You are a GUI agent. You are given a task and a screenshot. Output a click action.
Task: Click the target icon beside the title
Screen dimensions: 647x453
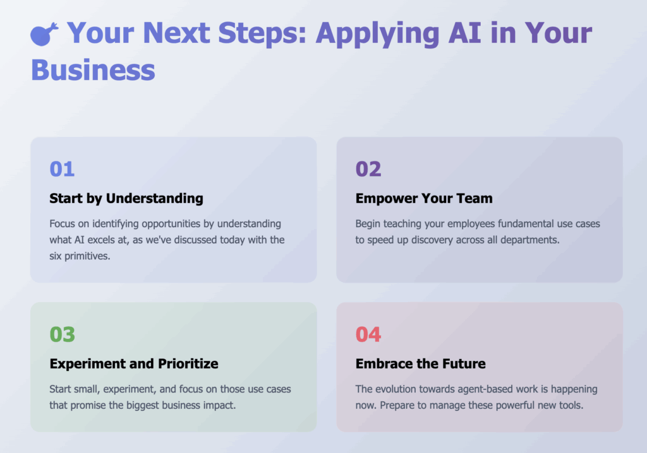(x=44, y=34)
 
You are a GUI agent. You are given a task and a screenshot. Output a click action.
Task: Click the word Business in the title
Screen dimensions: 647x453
(x=94, y=69)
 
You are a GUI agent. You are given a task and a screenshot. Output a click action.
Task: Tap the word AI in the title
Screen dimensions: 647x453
(x=465, y=33)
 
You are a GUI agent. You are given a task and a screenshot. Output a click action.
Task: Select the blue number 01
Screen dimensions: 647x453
(x=62, y=168)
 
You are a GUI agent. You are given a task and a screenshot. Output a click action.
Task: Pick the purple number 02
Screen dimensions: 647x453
(x=368, y=168)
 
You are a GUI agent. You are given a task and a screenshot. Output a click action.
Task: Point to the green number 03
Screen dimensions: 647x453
(x=63, y=334)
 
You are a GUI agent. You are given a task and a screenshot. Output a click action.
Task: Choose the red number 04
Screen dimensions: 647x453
(x=368, y=334)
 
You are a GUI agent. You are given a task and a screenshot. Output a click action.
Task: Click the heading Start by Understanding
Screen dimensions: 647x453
(x=126, y=198)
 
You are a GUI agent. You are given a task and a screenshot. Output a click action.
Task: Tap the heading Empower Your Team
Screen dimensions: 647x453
(x=424, y=198)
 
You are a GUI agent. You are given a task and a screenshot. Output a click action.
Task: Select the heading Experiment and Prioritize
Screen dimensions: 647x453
(x=134, y=363)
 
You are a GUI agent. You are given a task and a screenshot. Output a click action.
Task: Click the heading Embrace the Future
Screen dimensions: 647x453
(x=420, y=363)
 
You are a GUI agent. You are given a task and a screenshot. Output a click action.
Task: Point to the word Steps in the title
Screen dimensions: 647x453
(x=262, y=33)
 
